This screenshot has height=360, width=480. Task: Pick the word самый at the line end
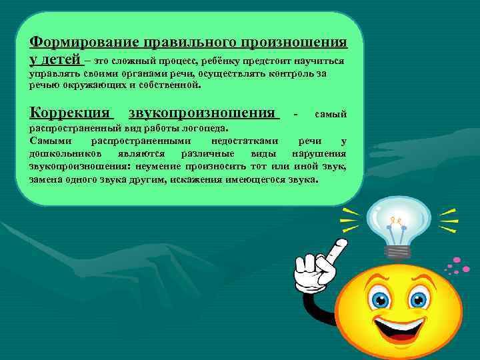(331, 115)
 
